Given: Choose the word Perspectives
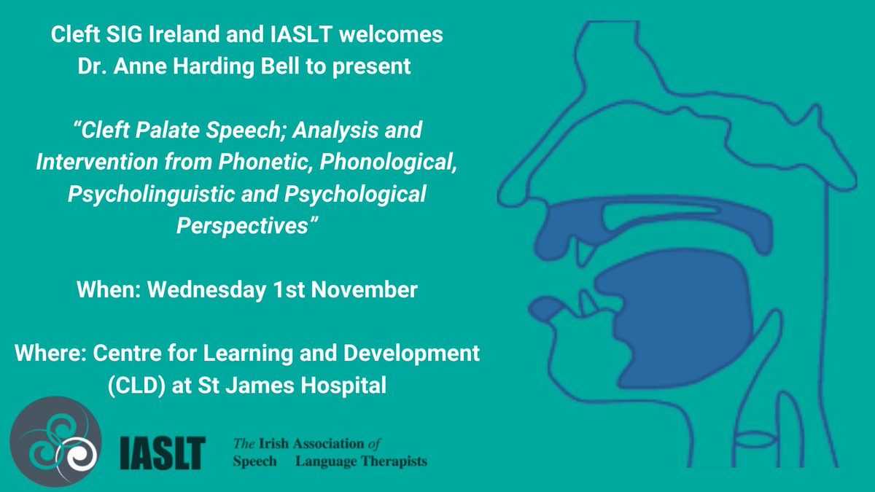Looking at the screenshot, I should (246, 226).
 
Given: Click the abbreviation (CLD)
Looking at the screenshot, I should (133, 385).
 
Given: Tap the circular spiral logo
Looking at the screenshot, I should (55, 441).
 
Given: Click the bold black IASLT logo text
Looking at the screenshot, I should (163, 453).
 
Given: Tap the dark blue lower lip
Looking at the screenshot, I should (548, 306).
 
